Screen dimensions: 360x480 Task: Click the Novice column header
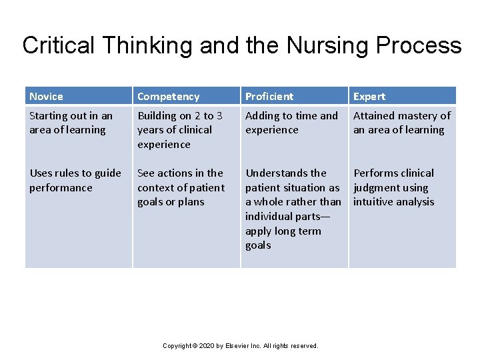click(46, 97)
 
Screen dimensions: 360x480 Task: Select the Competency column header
click(168, 97)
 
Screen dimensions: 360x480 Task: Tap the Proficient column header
click(269, 97)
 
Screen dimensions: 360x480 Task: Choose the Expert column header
click(369, 97)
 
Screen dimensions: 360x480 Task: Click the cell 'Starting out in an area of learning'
click(71, 123)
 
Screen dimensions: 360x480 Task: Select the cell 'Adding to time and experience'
click(291, 123)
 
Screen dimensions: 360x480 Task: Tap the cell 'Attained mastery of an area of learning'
click(401, 123)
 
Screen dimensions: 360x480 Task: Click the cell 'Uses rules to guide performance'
click(75, 180)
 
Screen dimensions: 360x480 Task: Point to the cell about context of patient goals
click(181, 187)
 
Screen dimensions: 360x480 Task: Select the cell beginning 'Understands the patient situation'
click(293, 209)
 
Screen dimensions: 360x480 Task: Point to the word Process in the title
click(419, 45)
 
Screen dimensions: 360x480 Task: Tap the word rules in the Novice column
click(71, 173)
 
